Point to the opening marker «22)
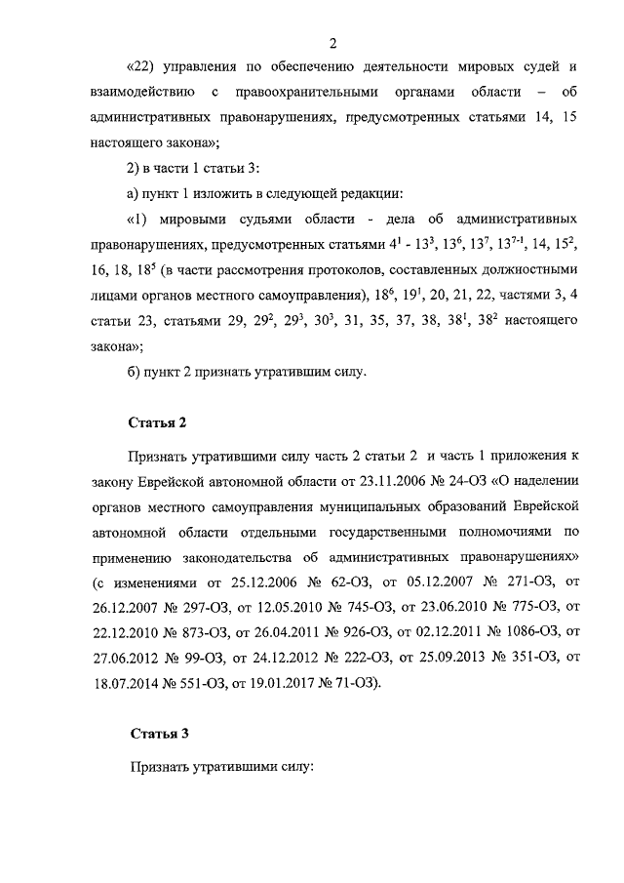[144, 66]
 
